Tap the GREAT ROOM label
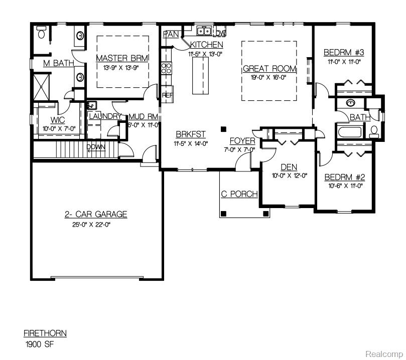point(269,69)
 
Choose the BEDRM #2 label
point(344,177)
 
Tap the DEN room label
point(289,167)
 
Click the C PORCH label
point(239,194)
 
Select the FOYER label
point(242,141)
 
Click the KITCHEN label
point(206,45)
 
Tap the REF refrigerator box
point(167,94)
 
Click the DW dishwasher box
point(220,33)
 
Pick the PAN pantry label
point(172,34)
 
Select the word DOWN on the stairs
point(96,147)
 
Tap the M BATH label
point(58,63)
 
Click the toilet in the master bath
point(42,34)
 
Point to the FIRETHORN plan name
point(45,333)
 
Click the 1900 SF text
point(39,344)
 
